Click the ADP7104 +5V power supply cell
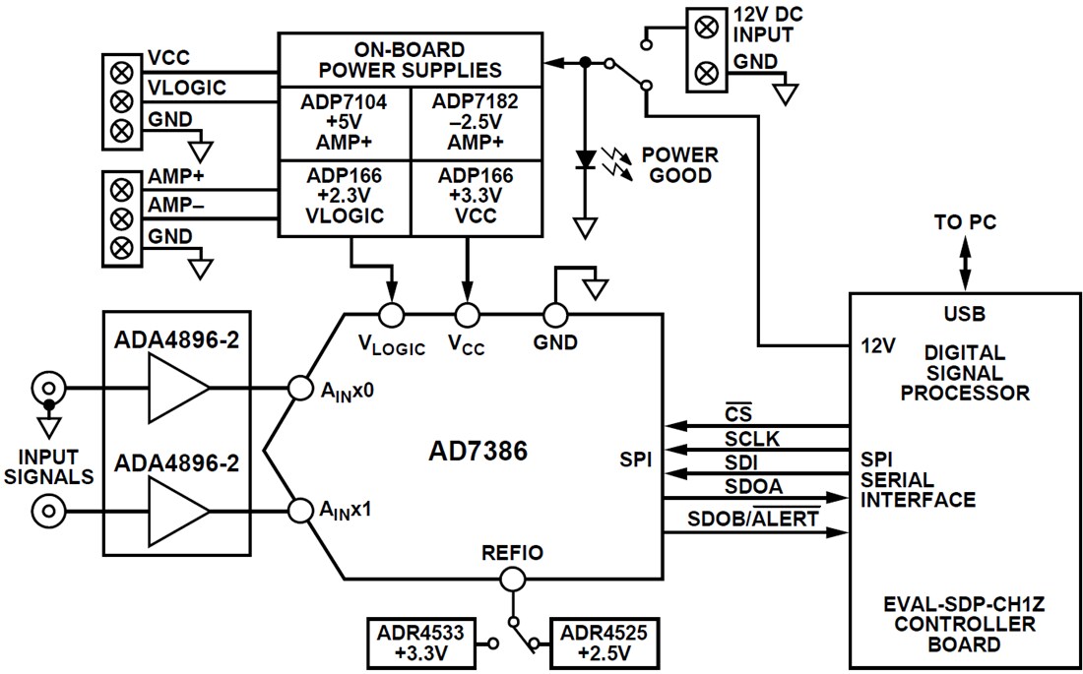coord(344,123)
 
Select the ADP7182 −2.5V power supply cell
coord(475,123)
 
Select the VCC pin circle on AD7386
coord(467,315)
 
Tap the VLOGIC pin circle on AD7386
coord(391,315)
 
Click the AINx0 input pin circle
coord(300,389)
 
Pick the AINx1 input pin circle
coord(300,510)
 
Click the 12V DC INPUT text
coord(763,25)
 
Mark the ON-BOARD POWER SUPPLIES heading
coord(409,59)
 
